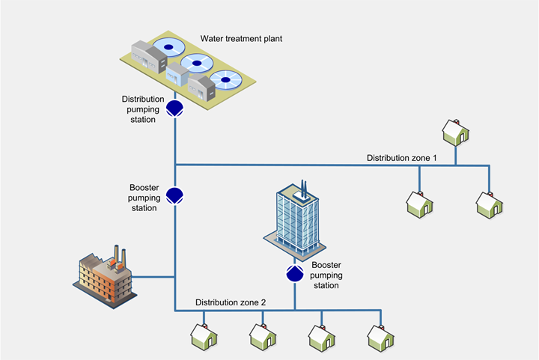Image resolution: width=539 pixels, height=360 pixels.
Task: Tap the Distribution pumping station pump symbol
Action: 175,109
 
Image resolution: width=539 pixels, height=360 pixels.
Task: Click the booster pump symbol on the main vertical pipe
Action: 175,195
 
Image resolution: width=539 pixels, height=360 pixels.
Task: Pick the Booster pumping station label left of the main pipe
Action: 143,197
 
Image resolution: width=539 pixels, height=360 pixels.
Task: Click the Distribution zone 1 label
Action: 401,158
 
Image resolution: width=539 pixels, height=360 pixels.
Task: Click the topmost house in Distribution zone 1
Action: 454,132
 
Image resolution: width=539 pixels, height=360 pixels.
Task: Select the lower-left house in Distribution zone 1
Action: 418,203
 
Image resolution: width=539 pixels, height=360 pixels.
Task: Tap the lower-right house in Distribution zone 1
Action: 490,203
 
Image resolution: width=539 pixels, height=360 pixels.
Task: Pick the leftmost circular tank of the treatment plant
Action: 169,48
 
